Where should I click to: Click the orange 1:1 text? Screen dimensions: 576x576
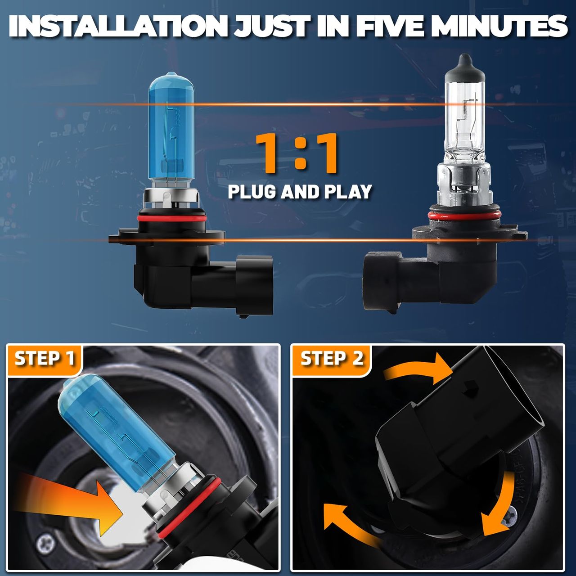(x=298, y=153)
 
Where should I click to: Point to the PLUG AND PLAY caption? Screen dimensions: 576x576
(x=300, y=192)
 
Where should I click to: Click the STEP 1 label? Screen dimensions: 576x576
(x=45, y=358)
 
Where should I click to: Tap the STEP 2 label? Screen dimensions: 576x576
(x=332, y=358)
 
